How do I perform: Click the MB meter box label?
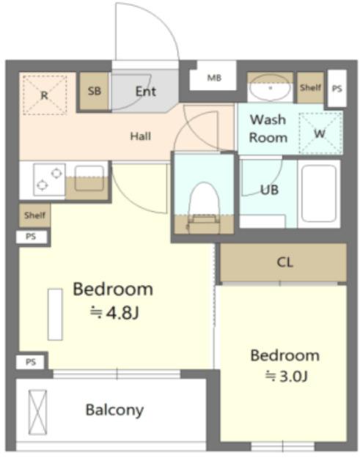coord(214,78)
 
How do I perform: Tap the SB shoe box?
coord(94,91)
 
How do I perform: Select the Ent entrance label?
coord(146,91)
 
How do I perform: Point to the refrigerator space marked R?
coord(45,95)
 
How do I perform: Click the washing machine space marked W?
coord(320,133)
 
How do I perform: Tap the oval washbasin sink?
coord(271,88)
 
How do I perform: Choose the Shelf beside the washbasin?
coord(310,87)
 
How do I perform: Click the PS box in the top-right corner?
coord(337,88)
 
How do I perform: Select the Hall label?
coord(140,136)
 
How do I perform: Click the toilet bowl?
coord(204,200)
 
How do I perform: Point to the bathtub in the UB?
coord(319,193)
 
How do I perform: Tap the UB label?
coord(269,190)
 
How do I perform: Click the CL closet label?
coord(285,262)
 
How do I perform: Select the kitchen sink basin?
coord(89,178)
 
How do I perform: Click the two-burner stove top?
coord(49,180)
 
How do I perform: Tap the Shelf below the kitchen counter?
coord(34,215)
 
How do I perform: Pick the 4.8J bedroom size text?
coord(114,313)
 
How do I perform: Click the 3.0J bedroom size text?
coord(287,376)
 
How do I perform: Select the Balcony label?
coord(114,410)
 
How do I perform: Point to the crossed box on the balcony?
coord(37,412)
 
